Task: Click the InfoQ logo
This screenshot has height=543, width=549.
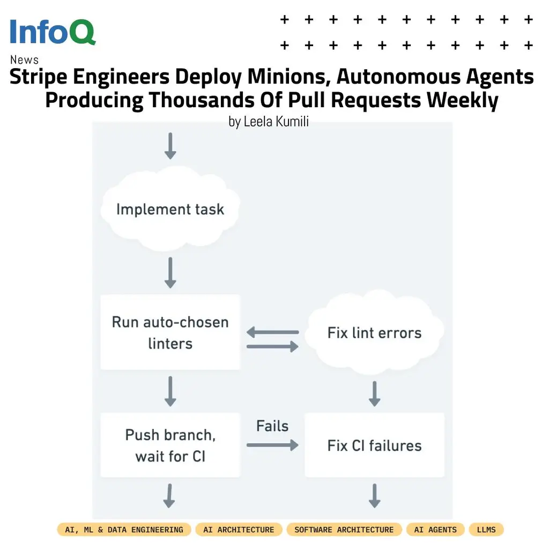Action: pyautogui.click(x=53, y=32)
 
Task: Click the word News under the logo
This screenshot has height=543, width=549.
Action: pyautogui.click(x=24, y=59)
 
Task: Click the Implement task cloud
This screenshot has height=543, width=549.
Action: pyautogui.click(x=170, y=209)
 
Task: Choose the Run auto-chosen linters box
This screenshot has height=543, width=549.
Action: pyautogui.click(x=170, y=332)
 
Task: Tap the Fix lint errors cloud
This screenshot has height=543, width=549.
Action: pyautogui.click(x=374, y=333)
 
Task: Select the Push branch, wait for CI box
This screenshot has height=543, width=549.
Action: pyautogui.click(x=170, y=445)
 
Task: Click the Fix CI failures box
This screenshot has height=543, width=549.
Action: pyautogui.click(x=374, y=445)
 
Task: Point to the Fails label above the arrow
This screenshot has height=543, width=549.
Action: pyautogui.click(x=272, y=426)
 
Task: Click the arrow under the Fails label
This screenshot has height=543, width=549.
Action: pyautogui.click(x=272, y=444)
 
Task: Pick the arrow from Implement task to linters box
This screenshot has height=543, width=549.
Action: pyautogui.click(x=170, y=273)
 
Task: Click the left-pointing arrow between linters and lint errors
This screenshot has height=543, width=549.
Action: pyautogui.click(x=272, y=333)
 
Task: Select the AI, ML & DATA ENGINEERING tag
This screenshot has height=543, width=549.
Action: pyautogui.click(x=124, y=530)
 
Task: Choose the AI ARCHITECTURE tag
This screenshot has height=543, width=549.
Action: pyautogui.click(x=239, y=530)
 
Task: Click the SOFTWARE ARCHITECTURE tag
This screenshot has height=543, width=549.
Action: pyautogui.click(x=344, y=530)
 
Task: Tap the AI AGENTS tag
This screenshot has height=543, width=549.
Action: pyautogui.click(x=435, y=530)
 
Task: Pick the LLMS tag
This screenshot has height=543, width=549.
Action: pyautogui.click(x=486, y=530)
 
